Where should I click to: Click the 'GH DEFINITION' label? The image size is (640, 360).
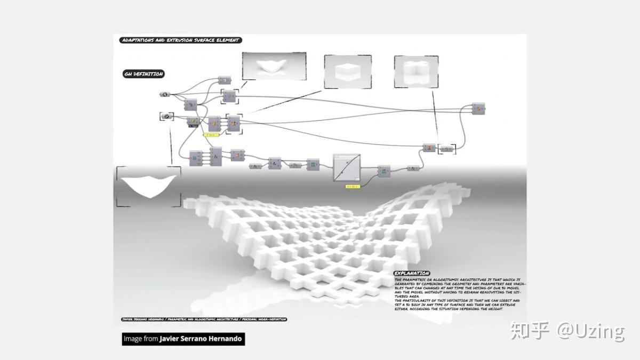pos(143,74)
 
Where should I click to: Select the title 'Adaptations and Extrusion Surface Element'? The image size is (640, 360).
pos(181,40)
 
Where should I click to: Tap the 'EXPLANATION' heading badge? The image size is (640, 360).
pos(412,274)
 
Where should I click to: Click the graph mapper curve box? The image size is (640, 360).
pos(347,168)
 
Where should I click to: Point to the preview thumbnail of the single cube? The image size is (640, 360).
pos(348,71)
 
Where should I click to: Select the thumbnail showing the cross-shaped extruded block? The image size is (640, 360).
pos(415,71)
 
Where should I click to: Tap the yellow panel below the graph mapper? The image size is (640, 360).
pos(352,186)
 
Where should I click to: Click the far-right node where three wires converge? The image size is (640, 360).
pos(478,109)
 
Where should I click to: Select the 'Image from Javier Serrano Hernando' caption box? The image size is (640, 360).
pos(183,339)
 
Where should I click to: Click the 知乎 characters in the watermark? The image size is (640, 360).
pos(529,331)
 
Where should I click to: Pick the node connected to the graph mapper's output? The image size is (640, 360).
pos(383,171)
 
